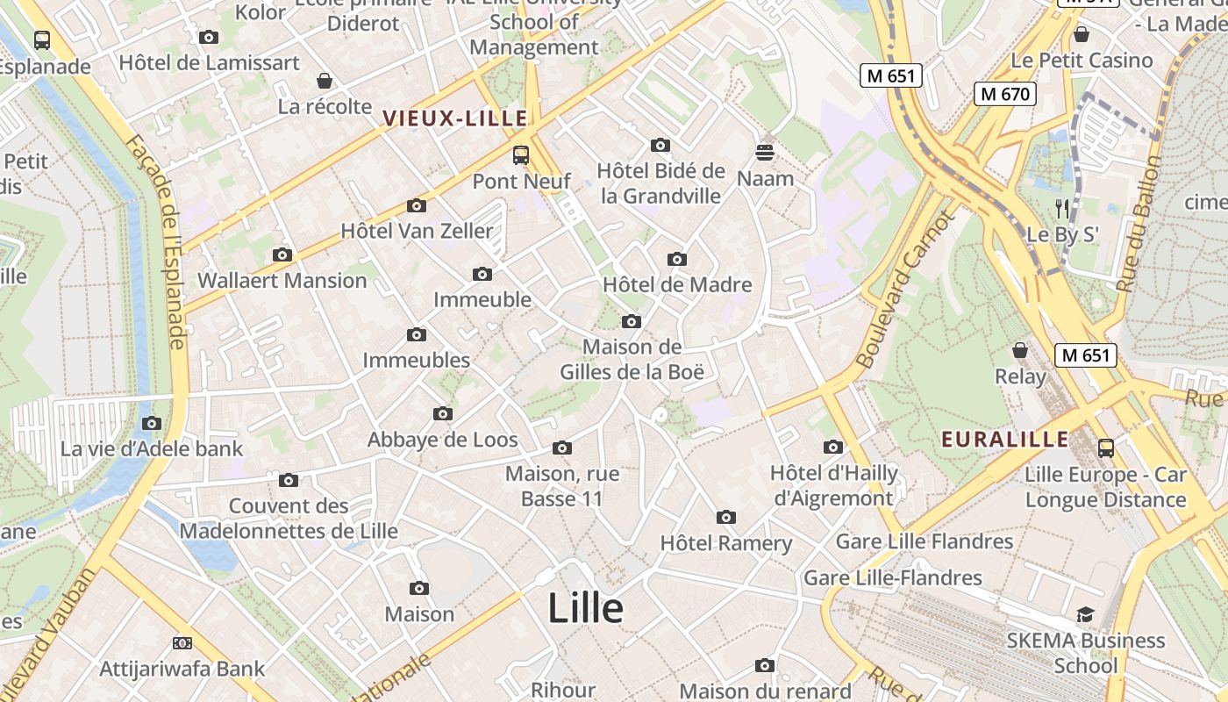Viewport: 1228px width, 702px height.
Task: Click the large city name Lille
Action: coord(585,608)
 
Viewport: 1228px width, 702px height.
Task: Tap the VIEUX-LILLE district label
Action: coord(454,118)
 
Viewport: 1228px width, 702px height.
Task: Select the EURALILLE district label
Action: coord(1004,440)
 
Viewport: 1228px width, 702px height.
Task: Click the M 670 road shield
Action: coord(1005,94)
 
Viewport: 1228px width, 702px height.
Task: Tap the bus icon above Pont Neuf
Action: coord(521,155)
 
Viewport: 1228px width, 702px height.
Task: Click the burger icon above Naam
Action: coord(765,153)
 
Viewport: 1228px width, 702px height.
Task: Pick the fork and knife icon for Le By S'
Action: coord(1062,208)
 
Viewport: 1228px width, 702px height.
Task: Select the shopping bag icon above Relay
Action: coord(1020,351)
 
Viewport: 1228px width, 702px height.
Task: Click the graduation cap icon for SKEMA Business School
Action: coord(1085,614)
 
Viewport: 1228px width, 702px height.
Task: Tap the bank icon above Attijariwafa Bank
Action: coord(182,643)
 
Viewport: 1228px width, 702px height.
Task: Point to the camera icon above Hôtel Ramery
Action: coord(725,517)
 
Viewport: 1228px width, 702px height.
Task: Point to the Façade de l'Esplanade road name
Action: coord(159,241)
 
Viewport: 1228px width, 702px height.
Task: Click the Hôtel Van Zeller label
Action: coord(417,232)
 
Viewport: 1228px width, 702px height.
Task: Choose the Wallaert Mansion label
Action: coord(282,281)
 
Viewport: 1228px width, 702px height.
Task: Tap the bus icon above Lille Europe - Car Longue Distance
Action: coord(1105,448)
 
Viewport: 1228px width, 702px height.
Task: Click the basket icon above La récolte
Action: coord(325,81)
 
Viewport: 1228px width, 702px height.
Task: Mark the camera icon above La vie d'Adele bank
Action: coord(152,423)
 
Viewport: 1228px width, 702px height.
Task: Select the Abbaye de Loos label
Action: coord(442,440)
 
